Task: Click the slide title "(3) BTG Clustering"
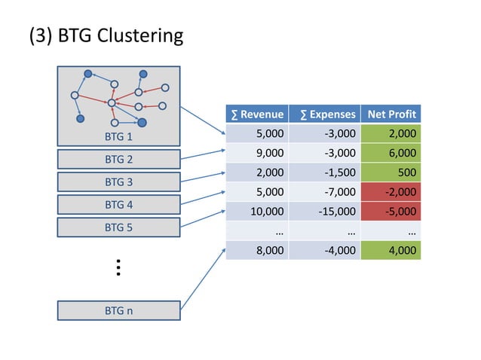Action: point(106,35)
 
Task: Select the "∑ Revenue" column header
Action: point(256,114)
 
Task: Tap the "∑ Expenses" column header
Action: point(323,114)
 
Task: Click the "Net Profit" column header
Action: point(391,114)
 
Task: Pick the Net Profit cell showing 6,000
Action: point(391,153)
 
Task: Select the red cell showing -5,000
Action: point(391,212)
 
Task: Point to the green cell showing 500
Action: point(391,172)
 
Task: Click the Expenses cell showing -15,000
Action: point(323,212)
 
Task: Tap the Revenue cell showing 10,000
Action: point(256,212)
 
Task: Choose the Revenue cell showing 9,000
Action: point(256,153)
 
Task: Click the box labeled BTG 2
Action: point(119,159)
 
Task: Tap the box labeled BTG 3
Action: point(119,182)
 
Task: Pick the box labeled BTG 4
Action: point(119,204)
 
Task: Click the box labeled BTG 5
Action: point(119,227)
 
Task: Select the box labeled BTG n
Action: point(119,310)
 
